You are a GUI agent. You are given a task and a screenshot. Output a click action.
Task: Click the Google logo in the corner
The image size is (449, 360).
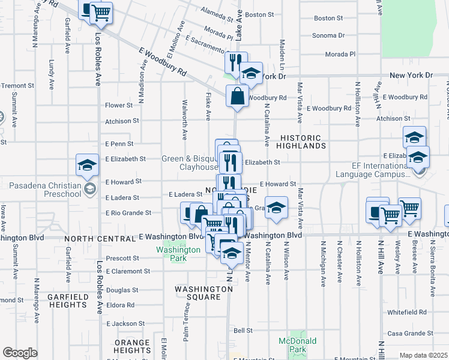pos(20,353)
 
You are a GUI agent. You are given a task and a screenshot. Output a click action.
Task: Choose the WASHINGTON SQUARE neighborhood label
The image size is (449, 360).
pos(204,293)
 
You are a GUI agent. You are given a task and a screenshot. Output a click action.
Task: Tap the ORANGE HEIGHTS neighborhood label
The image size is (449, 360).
pos(133,346)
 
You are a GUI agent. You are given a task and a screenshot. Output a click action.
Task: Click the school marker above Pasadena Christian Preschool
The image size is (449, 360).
pos(87,165)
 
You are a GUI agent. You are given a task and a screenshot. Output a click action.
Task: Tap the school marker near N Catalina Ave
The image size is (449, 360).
pos(276,208)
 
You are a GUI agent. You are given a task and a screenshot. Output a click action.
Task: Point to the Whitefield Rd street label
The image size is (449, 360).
pos(406,313)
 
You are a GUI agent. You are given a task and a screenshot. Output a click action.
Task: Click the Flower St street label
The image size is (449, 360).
pos(118,105)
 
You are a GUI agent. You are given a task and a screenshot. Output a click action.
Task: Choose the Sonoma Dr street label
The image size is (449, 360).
pos(328,35)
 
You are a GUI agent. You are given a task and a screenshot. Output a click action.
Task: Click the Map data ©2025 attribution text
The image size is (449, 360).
pos(423,355)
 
